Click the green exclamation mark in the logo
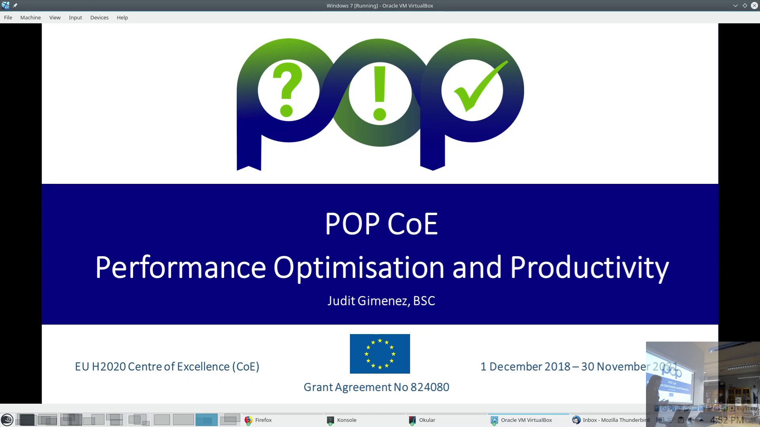[x=380, y=93]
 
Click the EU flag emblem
[x=380, y=353]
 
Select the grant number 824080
[x=429, y=387]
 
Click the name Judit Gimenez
[x=368, y=301]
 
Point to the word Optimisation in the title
[x=359, y=268]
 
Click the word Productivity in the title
[x=589, y=268]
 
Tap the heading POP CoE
[x=381, y=224]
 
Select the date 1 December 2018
[x=525, y=367]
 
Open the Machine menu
[x=30, y=17]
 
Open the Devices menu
[x=99, y=17]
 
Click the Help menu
[x=122, y=17]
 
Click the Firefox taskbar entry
[x=263, y=420]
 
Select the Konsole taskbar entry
[x=346, y=420]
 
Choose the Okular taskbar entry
[x=427, y=420]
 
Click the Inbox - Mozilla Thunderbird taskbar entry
[x=615, y=420]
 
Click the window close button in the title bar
[x=754, y=6]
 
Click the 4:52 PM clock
[x=726, y=420]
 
